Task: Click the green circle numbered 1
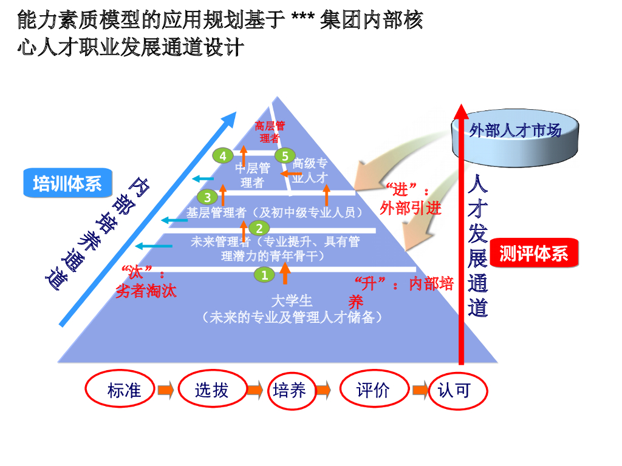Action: pos(264,275)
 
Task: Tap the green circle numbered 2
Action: pos(259,228)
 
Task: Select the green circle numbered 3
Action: pos(207,197)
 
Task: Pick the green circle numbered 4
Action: pos(223,156)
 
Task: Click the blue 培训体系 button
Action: pos(67,183)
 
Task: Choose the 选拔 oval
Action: pos(211,390)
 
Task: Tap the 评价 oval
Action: pos(372,390)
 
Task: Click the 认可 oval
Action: pos(454,390)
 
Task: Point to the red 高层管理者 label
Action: pos(269,132)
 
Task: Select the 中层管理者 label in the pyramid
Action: pos(252,175)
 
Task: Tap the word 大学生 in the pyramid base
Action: pos(292,300)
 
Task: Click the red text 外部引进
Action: pos(411,208)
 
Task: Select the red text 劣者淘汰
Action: pos(146,291)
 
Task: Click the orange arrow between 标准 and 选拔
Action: pos(166,390)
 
